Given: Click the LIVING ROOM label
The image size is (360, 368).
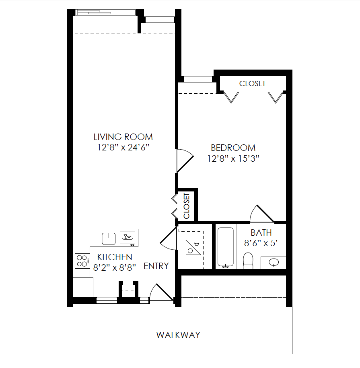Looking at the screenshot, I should point(123,137).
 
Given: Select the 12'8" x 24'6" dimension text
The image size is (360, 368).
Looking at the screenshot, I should point(123,148).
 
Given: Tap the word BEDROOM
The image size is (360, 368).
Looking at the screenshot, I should point(233,148).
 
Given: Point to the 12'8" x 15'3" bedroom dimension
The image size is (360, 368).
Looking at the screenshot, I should point(233,159).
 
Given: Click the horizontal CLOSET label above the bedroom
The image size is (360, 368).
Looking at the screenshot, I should point(252,84).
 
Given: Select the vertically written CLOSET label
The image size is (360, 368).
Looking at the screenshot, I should point(187,206).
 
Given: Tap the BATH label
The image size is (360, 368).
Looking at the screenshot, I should point(261,232).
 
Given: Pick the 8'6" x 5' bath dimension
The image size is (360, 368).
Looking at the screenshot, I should point(261,243).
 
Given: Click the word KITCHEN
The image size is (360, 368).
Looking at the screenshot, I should point(115,257).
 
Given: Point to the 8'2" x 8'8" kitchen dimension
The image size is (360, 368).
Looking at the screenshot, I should point(115,267).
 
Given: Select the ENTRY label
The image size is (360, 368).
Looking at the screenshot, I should point(156,266).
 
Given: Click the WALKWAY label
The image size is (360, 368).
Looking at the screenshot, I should point(178,335).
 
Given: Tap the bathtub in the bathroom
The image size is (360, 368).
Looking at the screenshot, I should point(225,247).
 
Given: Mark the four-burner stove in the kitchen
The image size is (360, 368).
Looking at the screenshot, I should point(82,261).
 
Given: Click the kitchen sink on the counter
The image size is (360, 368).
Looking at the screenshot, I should point(109,238).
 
